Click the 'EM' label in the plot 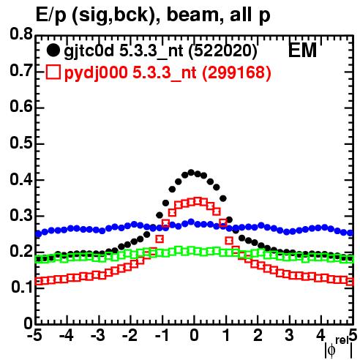click(302, 50)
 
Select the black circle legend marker click(53, 50)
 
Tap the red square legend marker click(53, 72)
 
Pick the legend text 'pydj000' click(96, 73)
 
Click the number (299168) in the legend click(236, 72)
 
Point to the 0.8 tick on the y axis click(21, 34)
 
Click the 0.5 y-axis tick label click(21, 143)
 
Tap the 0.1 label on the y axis click(22, 287)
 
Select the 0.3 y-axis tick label click(21, 215)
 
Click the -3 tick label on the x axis click(98, 335)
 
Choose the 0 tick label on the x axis click(194, 335)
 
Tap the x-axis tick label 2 click(258, 335)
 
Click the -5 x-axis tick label click(34, 335)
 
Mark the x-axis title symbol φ click(331, 350)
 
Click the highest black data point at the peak click(191, 173)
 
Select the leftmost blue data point click(39, 234)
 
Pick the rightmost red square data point click(350, 282)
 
